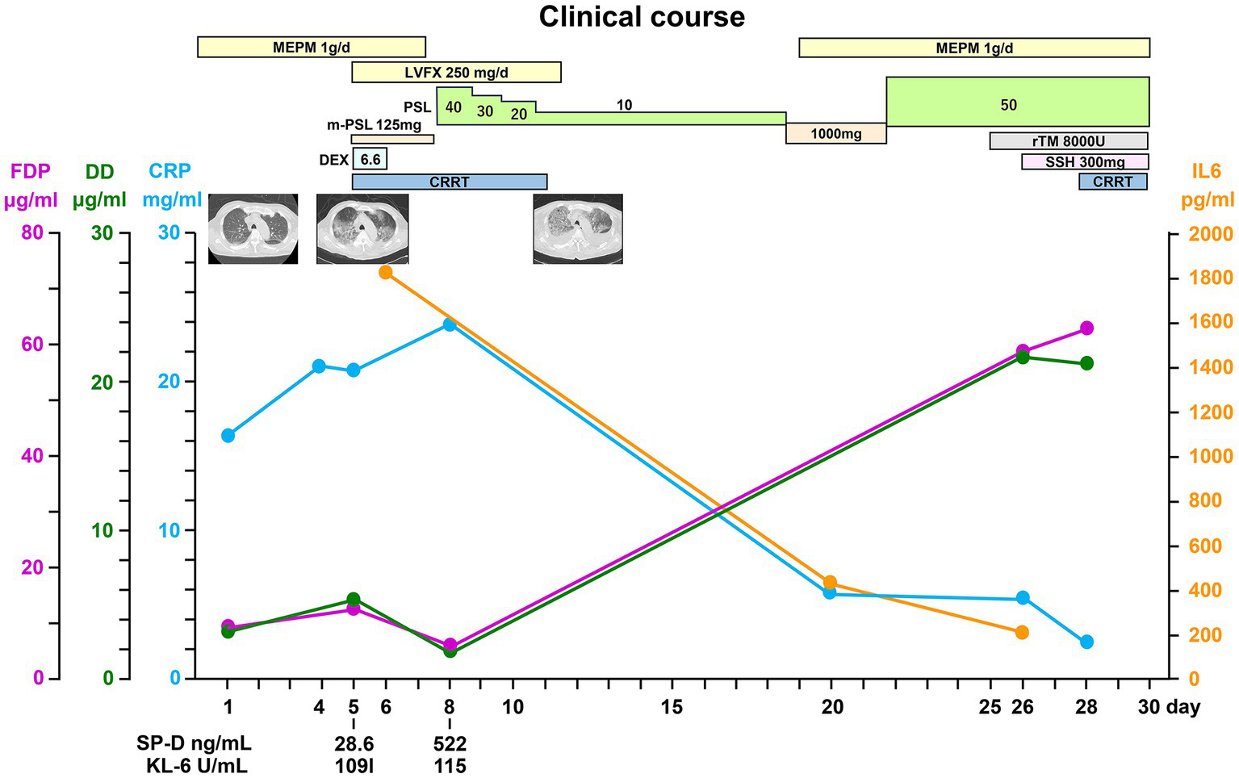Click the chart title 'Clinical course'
click(x=642, y=17)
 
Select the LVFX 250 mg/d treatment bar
click(x=456, y=73)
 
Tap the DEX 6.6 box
click(x=370, y=160)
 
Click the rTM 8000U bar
click(x=1068, y=141)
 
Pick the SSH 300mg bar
click(x=1085, y=162)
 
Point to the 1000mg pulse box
click(x=835, y=134)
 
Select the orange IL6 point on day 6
click(x=385, y=272)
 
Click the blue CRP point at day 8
click(x=450, y=324)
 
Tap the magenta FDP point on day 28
click(x=1086, y=328)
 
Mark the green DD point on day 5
click(x=353, y=600)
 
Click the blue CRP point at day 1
click(x=228, y=436)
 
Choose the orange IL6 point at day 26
click(x=1022, y=632)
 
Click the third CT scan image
click(x=578, y=229)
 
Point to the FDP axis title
click(x=31, y=186)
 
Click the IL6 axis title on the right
click(x=1207, y=186)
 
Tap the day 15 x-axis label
click(x=672, y=708)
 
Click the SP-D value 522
click(x=450, y=743)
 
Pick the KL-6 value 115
click(x=450, y=765)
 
